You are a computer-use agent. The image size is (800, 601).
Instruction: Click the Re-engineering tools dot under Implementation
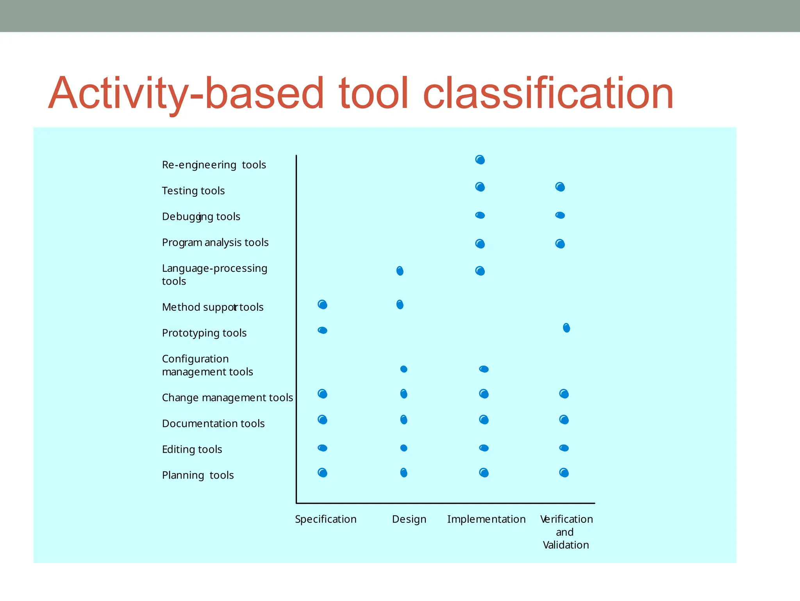click(x=480, y=160)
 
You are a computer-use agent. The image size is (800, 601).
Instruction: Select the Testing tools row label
click(x=193, y=191)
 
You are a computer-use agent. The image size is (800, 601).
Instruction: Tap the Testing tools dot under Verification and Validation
click(x=560, y=187)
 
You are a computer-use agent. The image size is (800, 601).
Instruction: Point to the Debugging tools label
click(x=201, y=217)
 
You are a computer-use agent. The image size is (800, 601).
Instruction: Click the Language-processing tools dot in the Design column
click(x=400, y=271)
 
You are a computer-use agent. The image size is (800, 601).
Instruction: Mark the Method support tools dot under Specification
click(x=322, y=305)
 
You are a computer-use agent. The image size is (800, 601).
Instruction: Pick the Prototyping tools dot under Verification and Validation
click(x=566, y=328)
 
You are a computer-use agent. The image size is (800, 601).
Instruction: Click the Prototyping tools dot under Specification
click(x=322, y=330)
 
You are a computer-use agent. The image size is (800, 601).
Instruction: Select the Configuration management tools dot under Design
click(x=404, y=369)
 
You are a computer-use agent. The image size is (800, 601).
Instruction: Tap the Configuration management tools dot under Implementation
click(x=484, y=369)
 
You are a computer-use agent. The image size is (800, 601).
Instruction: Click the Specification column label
click(x=325, y=519)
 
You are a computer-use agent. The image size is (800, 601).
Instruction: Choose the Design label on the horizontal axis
click(x=409, y=519)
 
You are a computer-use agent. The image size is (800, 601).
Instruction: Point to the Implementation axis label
click(x=486, y=519)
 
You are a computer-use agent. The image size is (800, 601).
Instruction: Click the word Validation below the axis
click(x=566, y=545)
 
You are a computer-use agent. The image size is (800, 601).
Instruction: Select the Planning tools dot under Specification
click(x=322, y=473)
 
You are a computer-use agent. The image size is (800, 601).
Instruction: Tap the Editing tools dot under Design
click(x=404, y=448)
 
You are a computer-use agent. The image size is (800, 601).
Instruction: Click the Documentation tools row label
click(x=213, y=423)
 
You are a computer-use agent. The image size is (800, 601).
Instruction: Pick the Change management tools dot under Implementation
click(x=484, y=394)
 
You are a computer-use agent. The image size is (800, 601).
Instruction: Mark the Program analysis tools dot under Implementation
click(x=480, y=244)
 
